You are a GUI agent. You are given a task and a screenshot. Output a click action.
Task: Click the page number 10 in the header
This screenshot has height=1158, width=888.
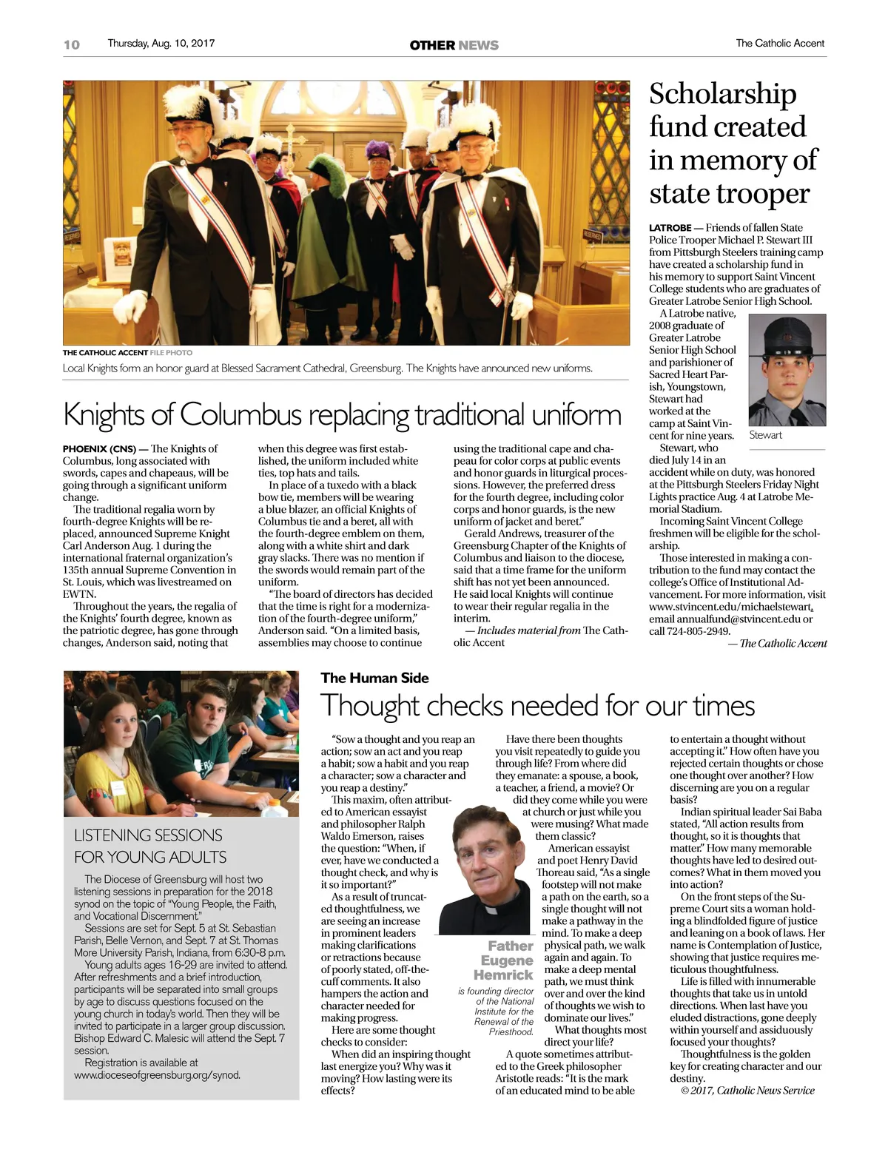[72, 44]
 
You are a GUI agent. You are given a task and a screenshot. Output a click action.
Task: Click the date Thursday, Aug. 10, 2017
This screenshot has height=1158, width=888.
[161, 43]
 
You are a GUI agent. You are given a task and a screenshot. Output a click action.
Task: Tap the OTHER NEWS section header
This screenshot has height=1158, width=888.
[454, 45]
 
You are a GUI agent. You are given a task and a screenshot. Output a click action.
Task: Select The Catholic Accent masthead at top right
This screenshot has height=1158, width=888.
[780, 43]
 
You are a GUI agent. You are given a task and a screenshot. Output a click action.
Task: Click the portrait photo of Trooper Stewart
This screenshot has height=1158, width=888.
[787, 370]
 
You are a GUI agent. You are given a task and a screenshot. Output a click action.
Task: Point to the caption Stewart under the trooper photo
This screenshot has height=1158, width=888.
[765, 435]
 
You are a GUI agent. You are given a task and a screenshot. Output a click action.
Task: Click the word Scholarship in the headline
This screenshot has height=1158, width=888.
[722, 94]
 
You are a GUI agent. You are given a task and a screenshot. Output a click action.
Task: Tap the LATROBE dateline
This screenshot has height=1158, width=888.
[670, 228]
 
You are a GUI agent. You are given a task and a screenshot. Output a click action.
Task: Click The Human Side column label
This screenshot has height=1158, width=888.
[374, 678]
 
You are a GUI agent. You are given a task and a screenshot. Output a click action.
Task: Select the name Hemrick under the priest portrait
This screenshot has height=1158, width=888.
[503, 975]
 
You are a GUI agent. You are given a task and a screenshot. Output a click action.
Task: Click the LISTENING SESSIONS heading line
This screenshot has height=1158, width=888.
[148, 835]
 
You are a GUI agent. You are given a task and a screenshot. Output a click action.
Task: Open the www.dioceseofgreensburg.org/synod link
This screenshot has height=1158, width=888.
[157, 1074]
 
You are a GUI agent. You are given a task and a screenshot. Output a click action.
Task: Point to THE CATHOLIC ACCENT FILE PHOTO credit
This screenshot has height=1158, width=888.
[127, 353]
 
